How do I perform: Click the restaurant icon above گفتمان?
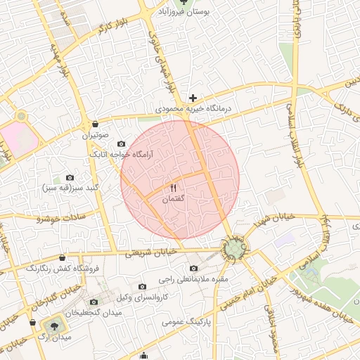pos(173,188)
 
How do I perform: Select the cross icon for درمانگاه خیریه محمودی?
pos(193,98)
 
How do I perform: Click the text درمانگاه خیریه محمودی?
pos(193,110)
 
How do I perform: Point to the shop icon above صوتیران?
pos(95,124)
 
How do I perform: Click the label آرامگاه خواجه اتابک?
pos(117,153)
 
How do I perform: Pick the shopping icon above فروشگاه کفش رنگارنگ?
pos(63,257)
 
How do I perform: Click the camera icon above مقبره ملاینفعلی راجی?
pos(194,268)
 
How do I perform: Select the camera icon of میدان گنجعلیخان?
pos(94,302)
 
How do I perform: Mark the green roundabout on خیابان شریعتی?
pos(235,247)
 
